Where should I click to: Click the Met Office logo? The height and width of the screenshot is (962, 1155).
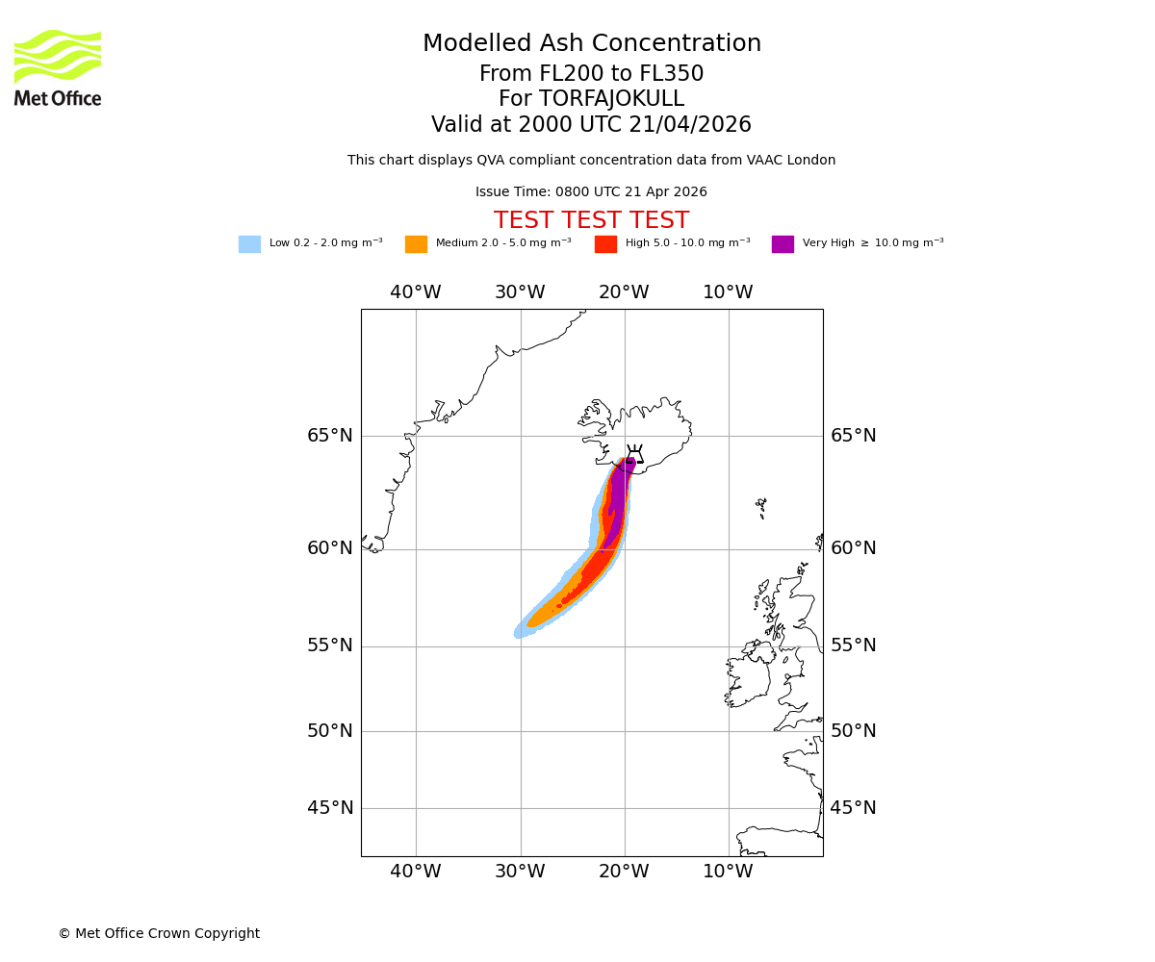coord(58,67)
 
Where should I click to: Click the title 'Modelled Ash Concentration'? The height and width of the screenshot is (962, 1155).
coord(592,44)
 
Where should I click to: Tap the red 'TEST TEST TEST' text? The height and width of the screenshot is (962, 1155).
coord(591,221)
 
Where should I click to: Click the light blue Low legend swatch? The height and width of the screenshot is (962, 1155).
coord(249,244)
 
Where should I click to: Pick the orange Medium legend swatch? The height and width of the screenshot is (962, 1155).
coord(416,244)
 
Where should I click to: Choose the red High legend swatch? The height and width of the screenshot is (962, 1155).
coord(605,244)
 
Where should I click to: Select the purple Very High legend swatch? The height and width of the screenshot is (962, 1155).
coord(783,244)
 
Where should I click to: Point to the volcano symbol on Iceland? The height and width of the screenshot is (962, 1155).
coord(634,454)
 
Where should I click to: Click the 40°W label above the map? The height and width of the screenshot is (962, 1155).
coord(416,292)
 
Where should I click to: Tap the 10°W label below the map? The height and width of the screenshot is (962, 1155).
coord(728,872)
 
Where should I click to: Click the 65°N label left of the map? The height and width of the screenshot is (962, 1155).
coord(330,436)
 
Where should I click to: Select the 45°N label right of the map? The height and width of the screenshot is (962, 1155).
coord(854,808)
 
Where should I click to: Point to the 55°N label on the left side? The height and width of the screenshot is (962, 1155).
coord(330,646)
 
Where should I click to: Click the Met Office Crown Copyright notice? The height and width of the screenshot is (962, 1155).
coord(159,933)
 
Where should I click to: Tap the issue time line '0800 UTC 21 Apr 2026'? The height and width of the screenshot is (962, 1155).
coord(591,192)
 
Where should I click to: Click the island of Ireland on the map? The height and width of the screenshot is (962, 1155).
coord(749,678)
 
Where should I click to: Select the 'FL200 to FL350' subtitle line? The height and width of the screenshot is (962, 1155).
coord(591,74)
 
